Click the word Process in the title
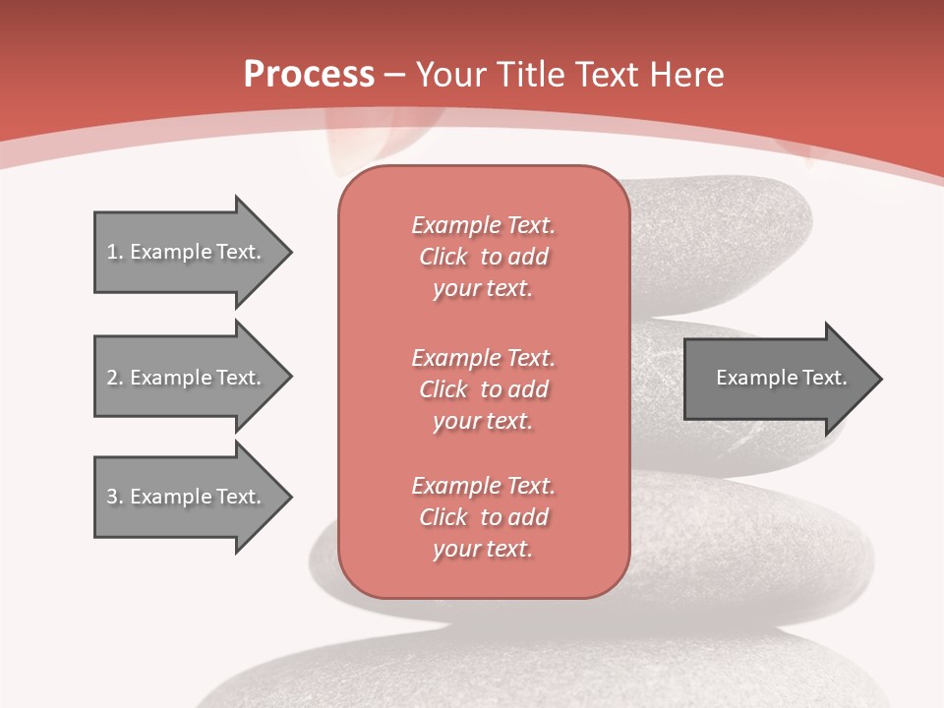(x=309, y=74)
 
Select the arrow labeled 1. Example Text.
(x=187, y=252)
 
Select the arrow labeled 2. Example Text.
(x=187, y=378)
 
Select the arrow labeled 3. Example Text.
(x=187, y=497)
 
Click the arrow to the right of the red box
(x=777, y=378)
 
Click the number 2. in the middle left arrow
(x=115, y=378)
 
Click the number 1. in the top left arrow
(x=115, y=252)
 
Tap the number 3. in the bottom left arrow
(x=115, y=497)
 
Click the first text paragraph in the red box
(x=483, y=257)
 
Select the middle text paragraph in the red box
(x=483, y=389)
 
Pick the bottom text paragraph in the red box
(x=483, y=517)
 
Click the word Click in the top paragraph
(x=443, y=257)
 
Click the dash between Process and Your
(x=395, y=75)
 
